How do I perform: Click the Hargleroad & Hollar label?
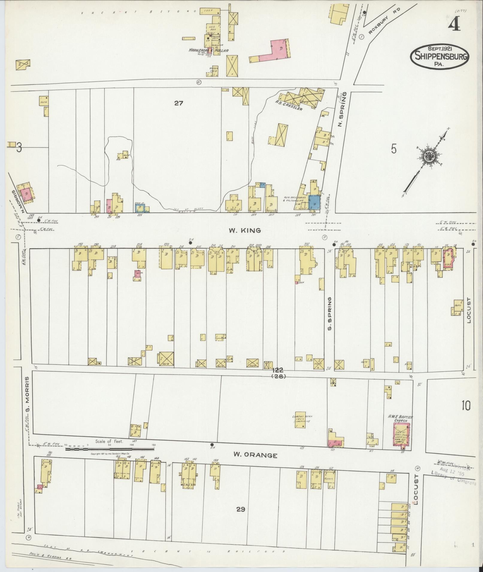(x=208, y=50)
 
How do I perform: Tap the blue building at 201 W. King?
(x=314, y=202)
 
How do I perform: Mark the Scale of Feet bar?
(x=110, y=449)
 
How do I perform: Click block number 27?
(x=179, y=103)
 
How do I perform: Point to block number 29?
(x=240, y=509)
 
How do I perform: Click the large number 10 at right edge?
(x=466, y=406)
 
